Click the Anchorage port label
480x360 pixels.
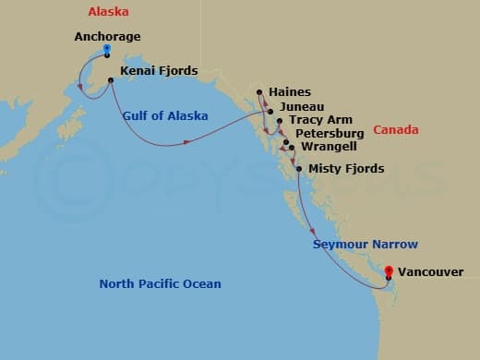[x=107, y=38]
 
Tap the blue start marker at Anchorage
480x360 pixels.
[x=108, y=49]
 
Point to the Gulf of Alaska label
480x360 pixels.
[x=165, y=115]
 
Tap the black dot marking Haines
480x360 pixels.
[x=260, y=91]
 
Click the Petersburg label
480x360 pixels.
[x=326, y=135]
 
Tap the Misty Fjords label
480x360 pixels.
[x=346, y=169]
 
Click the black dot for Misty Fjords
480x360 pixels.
[x=299, y=169]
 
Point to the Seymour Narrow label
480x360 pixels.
[x=366, y=245]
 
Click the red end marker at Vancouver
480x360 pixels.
[x=389, y=272]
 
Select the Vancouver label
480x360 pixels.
[x=433, y=272]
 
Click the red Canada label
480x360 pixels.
[x=396, y=129]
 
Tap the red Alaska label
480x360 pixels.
[x=107, y=12]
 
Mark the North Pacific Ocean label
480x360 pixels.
[x=160, y=283]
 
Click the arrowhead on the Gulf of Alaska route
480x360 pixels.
[x=188, y=141]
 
